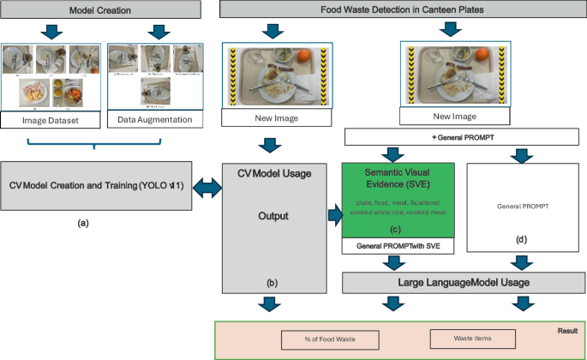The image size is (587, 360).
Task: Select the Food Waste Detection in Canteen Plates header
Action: coord(400,9)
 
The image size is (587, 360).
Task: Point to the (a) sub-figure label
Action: coord(83,223)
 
